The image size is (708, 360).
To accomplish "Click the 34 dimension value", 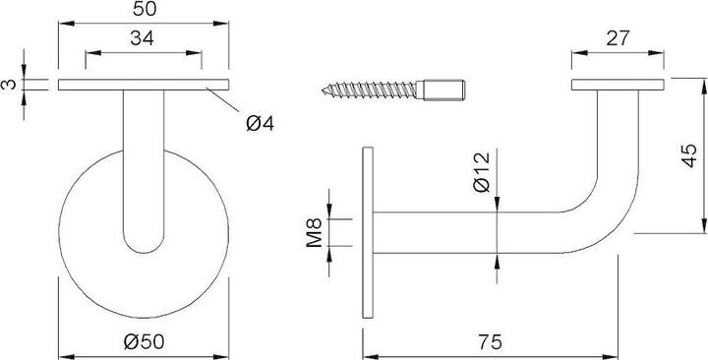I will click(x=147, y=38).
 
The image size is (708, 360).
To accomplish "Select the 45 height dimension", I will click(x=689, y=155).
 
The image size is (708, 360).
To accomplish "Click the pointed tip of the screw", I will click(x=325, y=91).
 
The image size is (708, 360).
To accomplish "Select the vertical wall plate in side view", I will click(x=369, y=232).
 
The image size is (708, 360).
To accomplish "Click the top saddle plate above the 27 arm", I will click(x=619, y=86).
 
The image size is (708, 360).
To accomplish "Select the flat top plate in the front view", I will click(x=145, y=86).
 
